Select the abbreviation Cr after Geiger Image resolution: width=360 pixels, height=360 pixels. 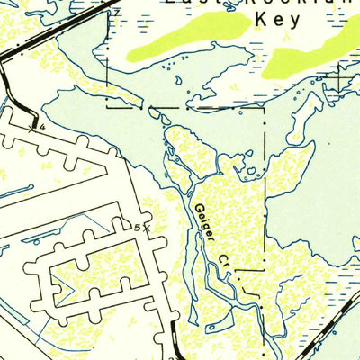225,262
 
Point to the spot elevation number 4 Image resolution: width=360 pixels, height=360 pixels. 41,128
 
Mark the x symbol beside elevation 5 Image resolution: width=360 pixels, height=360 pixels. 146,229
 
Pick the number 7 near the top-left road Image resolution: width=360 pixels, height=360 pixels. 114,11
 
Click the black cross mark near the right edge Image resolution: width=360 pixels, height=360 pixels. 339,82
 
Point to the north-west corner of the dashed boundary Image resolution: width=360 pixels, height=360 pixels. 107,108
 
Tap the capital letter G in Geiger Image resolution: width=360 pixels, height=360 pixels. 197,209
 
